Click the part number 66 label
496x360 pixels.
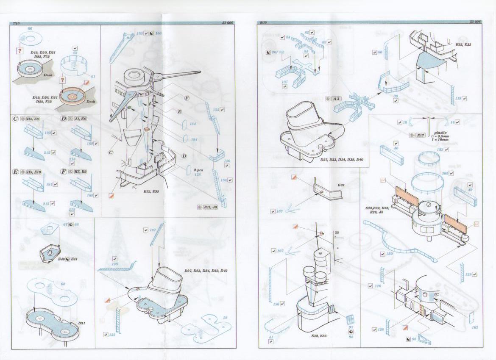[x=29, y=28]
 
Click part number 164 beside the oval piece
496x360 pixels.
[x=193, y=124]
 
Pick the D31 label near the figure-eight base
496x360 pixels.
[x=82, y=323]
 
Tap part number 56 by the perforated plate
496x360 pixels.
[x=225, y=317]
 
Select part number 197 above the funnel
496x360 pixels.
[x=153, y=230]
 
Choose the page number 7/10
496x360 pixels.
[x=17, y=22]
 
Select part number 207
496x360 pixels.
[x=275, y=52]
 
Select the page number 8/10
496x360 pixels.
[x=263, y=22]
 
